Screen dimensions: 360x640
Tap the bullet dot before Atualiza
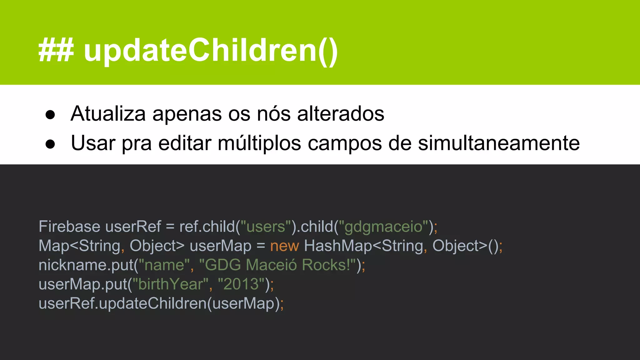(x=50, y=114)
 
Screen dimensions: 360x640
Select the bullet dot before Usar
(x=50, y=144)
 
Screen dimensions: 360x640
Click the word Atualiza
(x=108, y=113)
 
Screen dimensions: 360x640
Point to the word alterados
(x=341, y=113)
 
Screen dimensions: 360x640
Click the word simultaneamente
(x=499, y=143)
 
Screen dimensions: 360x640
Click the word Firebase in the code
(x=69, y=226)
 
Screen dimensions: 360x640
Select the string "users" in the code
(x=266, y=226)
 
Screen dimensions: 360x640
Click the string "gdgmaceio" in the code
(x=383, y=227)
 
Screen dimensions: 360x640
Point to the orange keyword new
(x=284, y=246)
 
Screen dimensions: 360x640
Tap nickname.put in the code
(x=86, y=265)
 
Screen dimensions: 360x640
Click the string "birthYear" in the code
(x=171, y=284)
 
